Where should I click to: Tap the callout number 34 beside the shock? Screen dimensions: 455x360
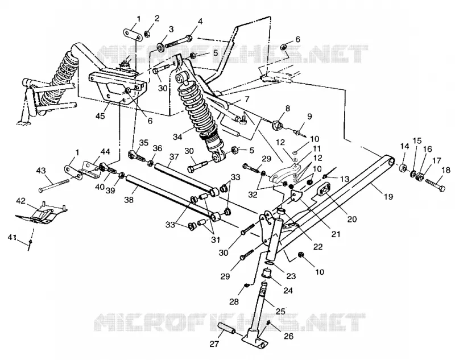(x=177, y=136)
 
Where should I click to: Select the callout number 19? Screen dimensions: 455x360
(x=388, y=197)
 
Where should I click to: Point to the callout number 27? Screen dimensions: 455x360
(x=215, y=345)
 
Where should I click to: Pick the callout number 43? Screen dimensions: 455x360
(x=41, y=170)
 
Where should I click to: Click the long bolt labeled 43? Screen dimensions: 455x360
(x=54, y=185)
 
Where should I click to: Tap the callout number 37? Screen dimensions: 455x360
(x=173, y=157)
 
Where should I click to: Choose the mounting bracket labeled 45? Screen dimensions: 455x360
(x=118, y=89)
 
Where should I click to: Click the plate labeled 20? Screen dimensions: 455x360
(x=324, y=190)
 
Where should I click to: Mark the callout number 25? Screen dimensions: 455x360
(x=280, y=312)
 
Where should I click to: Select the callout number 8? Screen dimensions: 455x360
(x=288, y=109)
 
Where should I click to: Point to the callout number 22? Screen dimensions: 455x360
(x=318, y=247)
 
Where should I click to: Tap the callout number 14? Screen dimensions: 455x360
(x=404, y=146)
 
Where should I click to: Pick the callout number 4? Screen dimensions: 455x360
(x=200, y=22)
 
